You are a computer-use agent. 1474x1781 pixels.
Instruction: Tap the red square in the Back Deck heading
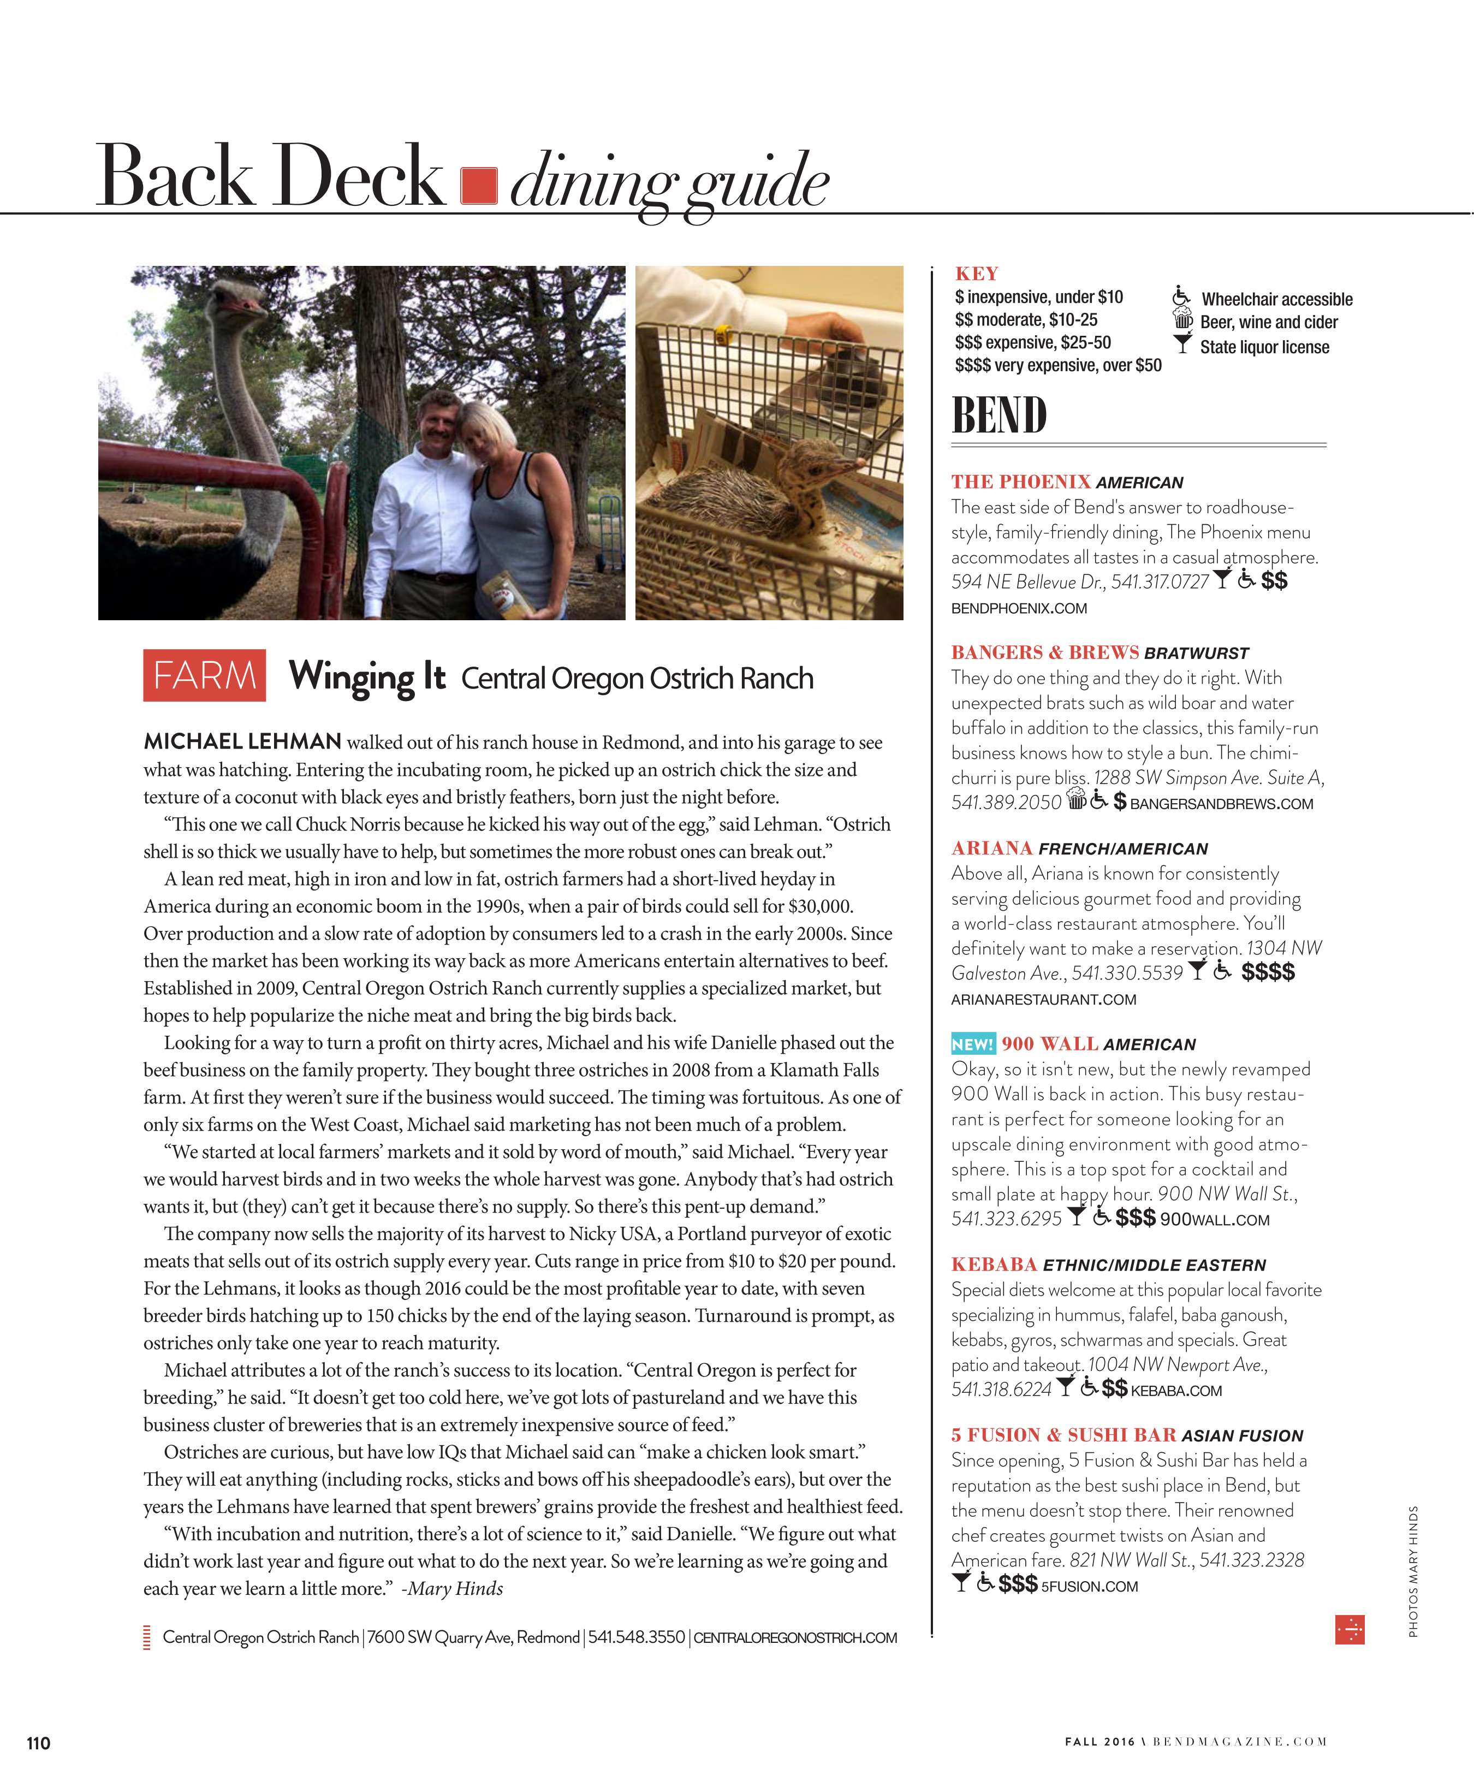click(x=478, y=186)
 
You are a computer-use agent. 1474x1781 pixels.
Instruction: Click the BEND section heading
click(x=999, y=415)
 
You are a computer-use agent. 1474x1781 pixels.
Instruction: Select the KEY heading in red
click(x=976, y=274)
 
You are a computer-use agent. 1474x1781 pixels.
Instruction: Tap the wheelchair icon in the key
click(x=1180, y=298)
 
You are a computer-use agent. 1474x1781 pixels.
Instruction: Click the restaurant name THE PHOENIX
click(x=1020, y=482)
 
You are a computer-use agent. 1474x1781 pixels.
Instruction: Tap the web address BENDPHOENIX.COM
click(x=1019, y=608)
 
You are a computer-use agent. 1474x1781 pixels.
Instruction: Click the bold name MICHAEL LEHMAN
click(x=242, y=741)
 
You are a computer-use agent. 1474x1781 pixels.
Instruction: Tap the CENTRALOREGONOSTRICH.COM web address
click(x=795, y=1637)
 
